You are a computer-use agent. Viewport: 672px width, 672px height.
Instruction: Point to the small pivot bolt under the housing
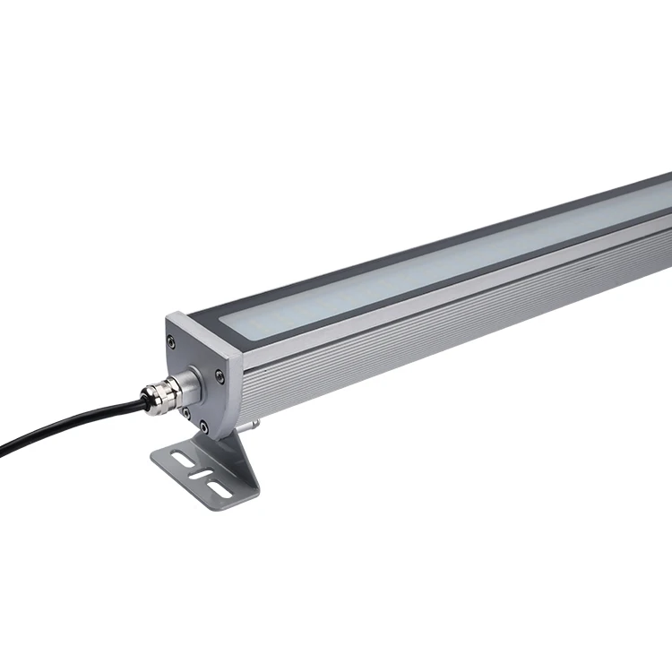(256, 418)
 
